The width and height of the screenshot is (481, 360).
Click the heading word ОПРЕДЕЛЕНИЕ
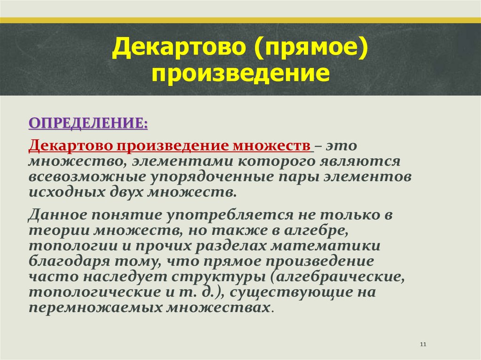point(88,123)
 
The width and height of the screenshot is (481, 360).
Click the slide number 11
point(423,345)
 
